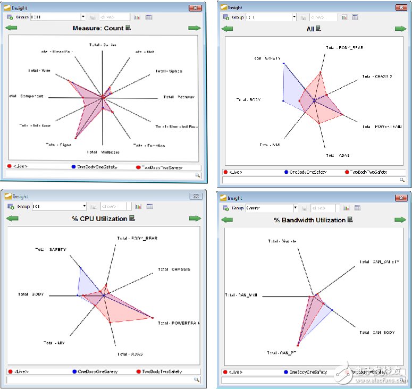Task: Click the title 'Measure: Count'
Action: (x=98, y=28)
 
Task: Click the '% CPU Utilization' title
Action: (x=99, y=218)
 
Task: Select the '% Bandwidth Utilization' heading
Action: (x=310, y=220)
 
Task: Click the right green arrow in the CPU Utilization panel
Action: (x=195, y=218)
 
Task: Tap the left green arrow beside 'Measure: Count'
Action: (x=11, y=28)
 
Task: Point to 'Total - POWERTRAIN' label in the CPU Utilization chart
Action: (x=179, y=323)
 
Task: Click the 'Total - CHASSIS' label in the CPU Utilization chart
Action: (x=174, y=269)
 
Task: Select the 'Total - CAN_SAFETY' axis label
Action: (x=378, y=261)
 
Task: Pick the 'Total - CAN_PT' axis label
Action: (x=279, y=352)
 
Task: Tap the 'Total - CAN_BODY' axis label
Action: (x=377, y=333)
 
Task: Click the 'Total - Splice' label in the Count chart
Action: (x=169, y=71)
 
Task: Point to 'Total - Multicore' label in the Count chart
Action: (x=103, y=152)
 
